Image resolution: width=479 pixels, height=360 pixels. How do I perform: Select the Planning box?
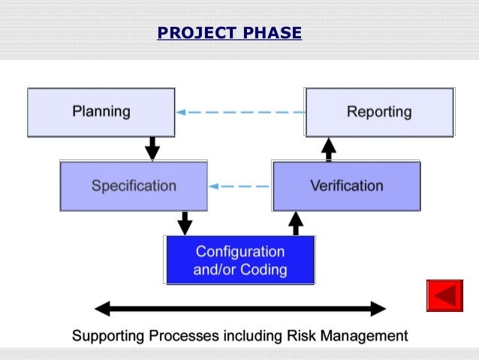(101, 112)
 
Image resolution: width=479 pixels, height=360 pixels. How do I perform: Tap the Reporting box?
(379, 112)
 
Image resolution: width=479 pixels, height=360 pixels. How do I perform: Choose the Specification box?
(134, 186)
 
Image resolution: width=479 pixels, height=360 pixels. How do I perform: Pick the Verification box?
(346, 186)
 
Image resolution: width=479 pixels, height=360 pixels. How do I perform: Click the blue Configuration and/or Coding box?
(240, 260)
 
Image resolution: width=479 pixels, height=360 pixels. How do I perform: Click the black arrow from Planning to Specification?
(152, 148)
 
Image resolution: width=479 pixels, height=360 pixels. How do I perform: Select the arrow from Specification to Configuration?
(185, 222)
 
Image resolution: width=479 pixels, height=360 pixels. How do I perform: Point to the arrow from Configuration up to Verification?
(296, 222)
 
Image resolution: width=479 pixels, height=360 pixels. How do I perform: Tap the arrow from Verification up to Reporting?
(329, 148)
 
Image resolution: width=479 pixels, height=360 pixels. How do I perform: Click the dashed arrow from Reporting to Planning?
(240, 113)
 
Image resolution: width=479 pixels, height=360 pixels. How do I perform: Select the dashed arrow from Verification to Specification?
(240, 186)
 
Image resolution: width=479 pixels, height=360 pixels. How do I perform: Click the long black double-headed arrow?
(240, 308)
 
